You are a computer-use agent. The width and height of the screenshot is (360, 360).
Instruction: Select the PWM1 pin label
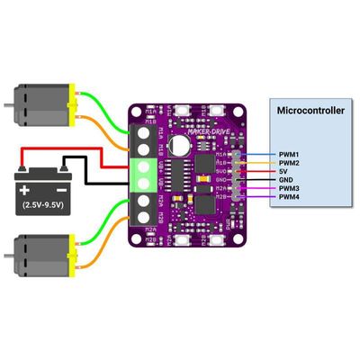[x=289, y=155]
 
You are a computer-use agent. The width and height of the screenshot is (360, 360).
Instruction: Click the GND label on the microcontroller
[x=285, y=180]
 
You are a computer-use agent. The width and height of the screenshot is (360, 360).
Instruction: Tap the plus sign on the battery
[x=27, y=190]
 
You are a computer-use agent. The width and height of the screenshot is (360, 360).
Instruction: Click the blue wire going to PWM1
[x=256, y=154]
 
